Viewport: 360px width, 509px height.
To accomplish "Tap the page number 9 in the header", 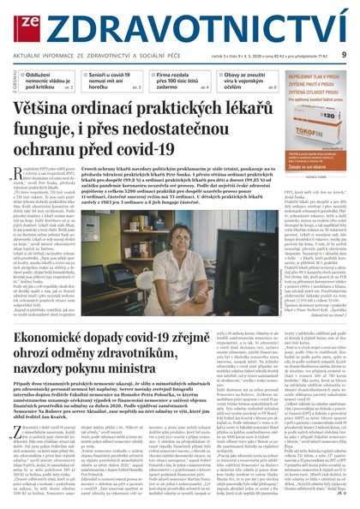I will (x=343, y=55).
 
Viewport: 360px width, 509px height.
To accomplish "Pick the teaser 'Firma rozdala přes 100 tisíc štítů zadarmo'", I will (x=176, y=81).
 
